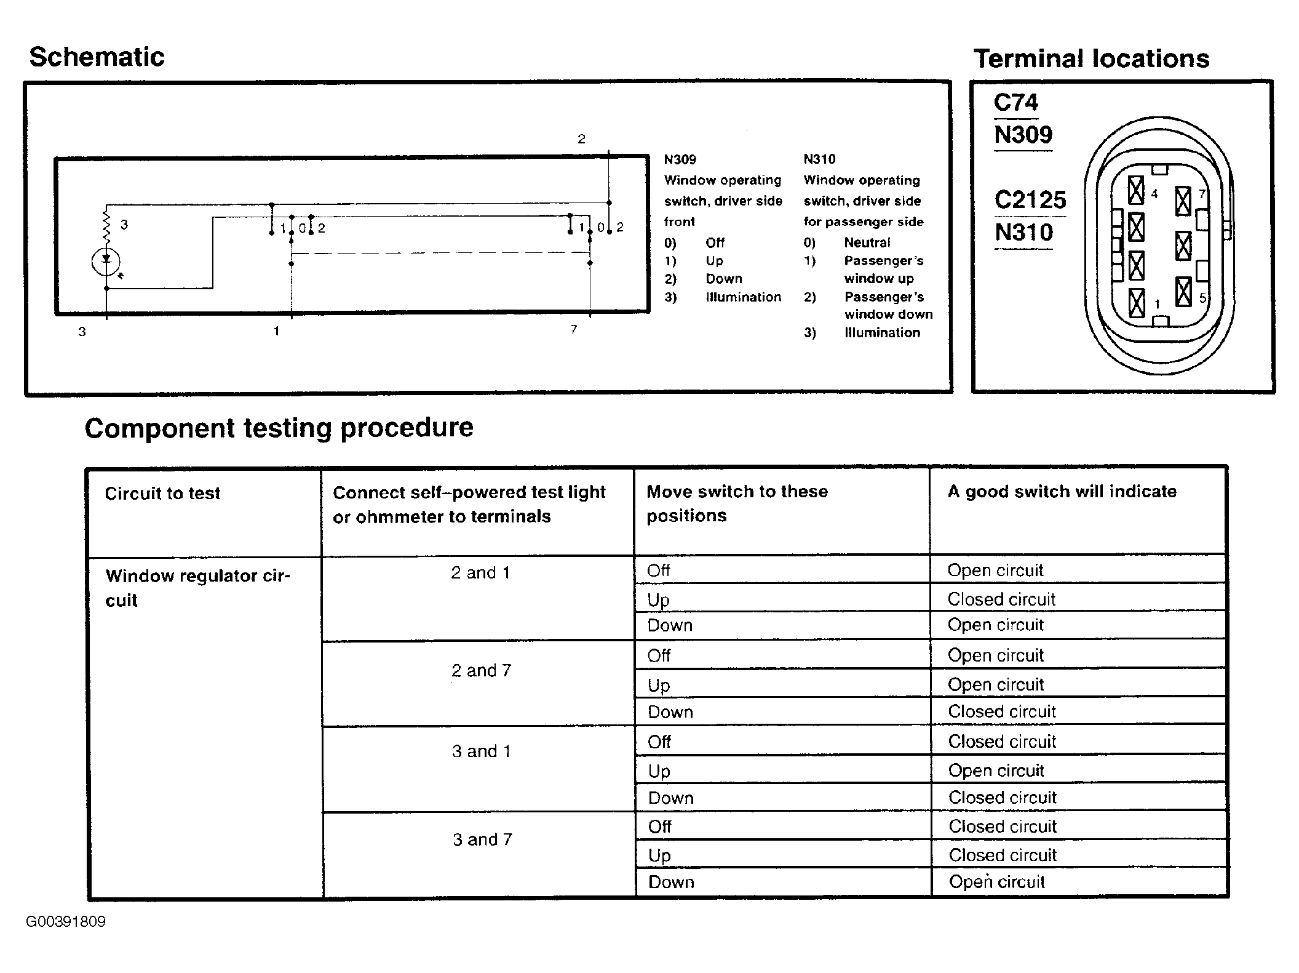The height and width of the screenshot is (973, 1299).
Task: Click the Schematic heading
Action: tap(97, 57)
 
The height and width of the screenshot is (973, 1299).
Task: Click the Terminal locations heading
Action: tap(1091, 59)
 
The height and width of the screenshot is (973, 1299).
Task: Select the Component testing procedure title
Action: tap(279, 428)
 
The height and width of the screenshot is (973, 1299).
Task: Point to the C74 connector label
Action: tap(1015, 102)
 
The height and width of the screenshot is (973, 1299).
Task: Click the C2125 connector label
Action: tap(1030, 200)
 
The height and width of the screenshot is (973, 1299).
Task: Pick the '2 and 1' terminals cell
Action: tap(480, 573)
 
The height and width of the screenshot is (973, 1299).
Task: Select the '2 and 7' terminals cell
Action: tap(481, 671)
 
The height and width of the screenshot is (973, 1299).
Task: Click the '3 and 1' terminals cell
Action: tap(481, 751)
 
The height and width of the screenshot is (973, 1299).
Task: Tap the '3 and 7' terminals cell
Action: tap(482, 839)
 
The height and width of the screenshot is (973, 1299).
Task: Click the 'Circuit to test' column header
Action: tap(162, 494)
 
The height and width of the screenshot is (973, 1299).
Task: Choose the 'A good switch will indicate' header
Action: tap(1062, 492)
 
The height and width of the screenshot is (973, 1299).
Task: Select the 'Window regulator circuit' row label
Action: tap(197, 588)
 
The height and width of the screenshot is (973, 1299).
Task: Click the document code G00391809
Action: tap(66, 922)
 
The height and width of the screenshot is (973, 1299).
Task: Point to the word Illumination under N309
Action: tap(743, 297)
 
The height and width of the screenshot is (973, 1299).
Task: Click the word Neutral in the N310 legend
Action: tap(867, 242)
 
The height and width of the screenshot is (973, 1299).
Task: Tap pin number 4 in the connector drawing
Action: tap(1154, 194)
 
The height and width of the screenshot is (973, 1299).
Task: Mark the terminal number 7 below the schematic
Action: tap(573, 330)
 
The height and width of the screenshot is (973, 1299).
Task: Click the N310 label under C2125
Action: tap(1023, 233)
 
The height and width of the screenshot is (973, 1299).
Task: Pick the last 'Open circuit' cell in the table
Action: tap(996, 882)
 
